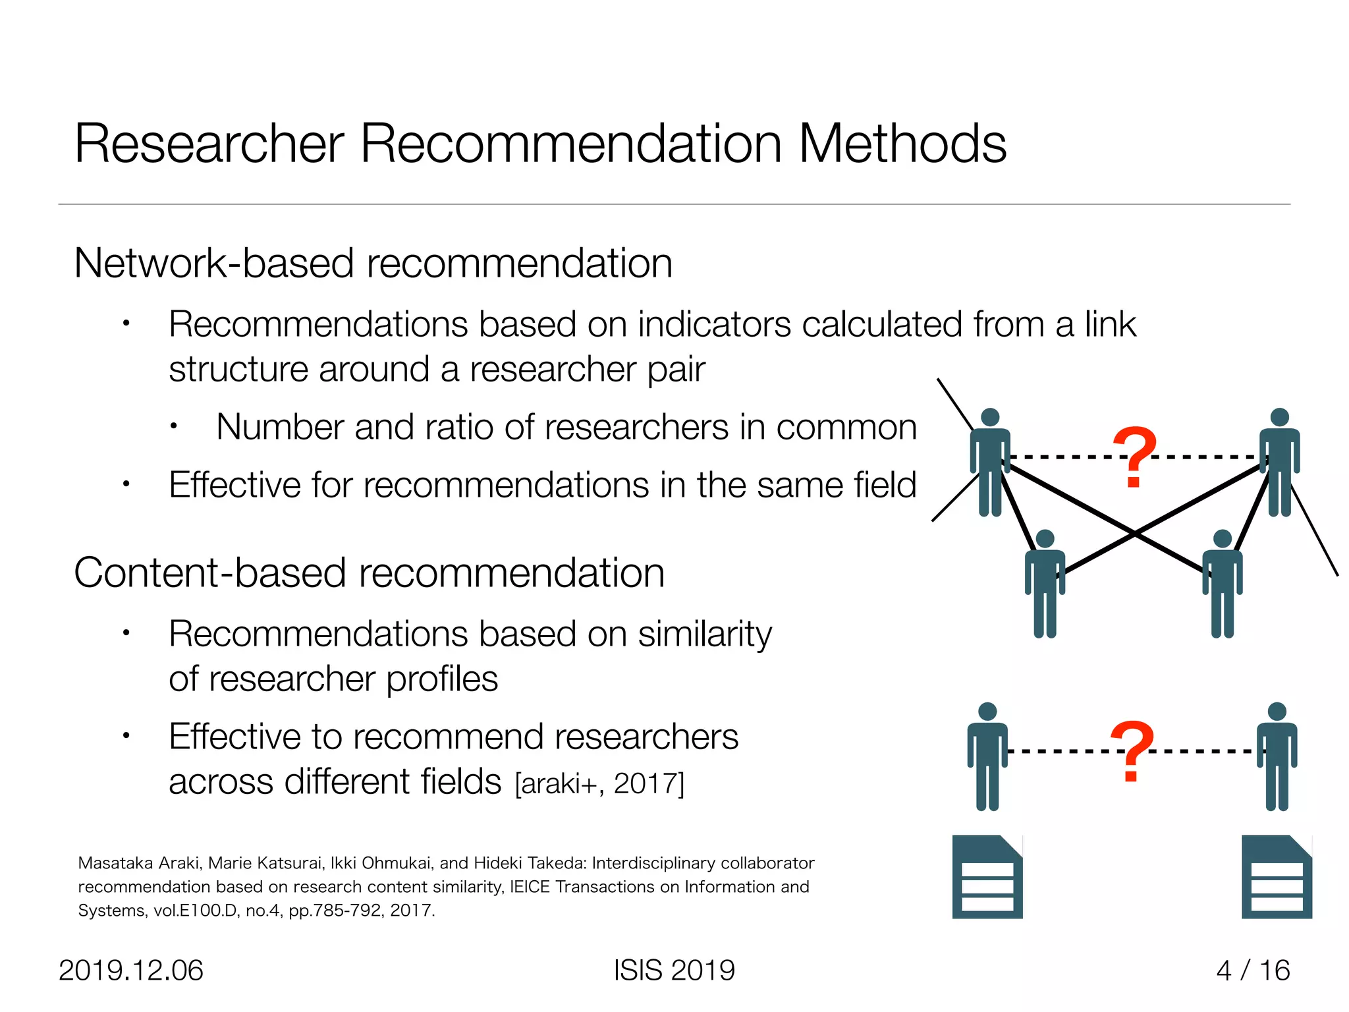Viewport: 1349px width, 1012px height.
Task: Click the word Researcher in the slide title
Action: [209, 144]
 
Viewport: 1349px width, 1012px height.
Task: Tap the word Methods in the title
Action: [902, 144]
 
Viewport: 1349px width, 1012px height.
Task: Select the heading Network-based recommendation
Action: [373, 264]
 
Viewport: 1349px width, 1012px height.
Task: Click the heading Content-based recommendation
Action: [369, 573]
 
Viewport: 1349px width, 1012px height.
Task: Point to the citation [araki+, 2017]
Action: [599, 784]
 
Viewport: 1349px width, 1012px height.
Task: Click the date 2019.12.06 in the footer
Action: [131, 970]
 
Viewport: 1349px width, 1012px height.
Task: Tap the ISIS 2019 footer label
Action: [674, 970]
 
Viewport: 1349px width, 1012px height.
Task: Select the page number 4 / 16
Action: [1253, 970]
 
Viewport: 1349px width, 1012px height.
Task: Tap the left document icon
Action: [987, 877]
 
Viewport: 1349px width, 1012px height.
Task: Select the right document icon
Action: [1277, 877]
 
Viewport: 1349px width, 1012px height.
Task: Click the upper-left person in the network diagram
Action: [990, 461]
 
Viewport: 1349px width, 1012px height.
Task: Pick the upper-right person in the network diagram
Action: [1279, 461]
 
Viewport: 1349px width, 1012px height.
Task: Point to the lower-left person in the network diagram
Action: [1045, 583]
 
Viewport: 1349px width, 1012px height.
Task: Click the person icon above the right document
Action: [1277, 756]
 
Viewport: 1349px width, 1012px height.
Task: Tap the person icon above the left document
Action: [987, 756]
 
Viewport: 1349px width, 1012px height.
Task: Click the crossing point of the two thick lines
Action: [1134, 533]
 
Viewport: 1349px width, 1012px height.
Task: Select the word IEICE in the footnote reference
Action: [530, 887]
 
